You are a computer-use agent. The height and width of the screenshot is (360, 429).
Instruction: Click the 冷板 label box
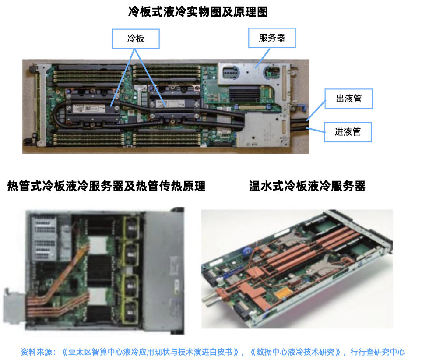[136, 39]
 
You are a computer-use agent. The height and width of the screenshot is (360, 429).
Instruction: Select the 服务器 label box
[272, 38]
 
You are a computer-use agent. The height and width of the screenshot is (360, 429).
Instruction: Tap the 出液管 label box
[348, 99]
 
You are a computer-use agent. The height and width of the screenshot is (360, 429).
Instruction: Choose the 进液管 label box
[348, 132]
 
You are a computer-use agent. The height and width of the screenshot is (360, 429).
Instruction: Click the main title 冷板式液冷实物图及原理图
[198, 12]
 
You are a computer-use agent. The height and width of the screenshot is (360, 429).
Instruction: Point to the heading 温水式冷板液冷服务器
[307, 186]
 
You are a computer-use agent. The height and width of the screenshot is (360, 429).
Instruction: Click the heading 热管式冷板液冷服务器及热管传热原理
[106, 186]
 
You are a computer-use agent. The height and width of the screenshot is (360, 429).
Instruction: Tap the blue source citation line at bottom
[213, 352]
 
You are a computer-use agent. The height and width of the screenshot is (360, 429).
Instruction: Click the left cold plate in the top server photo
[92, 107]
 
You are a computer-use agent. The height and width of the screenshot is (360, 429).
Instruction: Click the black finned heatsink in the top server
[244, 94]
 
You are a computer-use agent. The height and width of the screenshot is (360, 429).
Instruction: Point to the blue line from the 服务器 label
[263, 58]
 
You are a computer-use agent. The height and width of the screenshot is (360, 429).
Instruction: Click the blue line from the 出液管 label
[316, 110]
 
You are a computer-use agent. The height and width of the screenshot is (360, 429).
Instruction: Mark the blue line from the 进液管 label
[316, 130]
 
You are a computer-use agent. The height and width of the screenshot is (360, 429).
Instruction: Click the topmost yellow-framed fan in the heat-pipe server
[131, 229]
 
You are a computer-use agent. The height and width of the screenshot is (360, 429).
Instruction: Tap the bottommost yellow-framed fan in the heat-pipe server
[131, 313]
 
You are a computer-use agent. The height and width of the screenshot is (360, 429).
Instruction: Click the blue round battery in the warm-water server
[248, 251]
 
